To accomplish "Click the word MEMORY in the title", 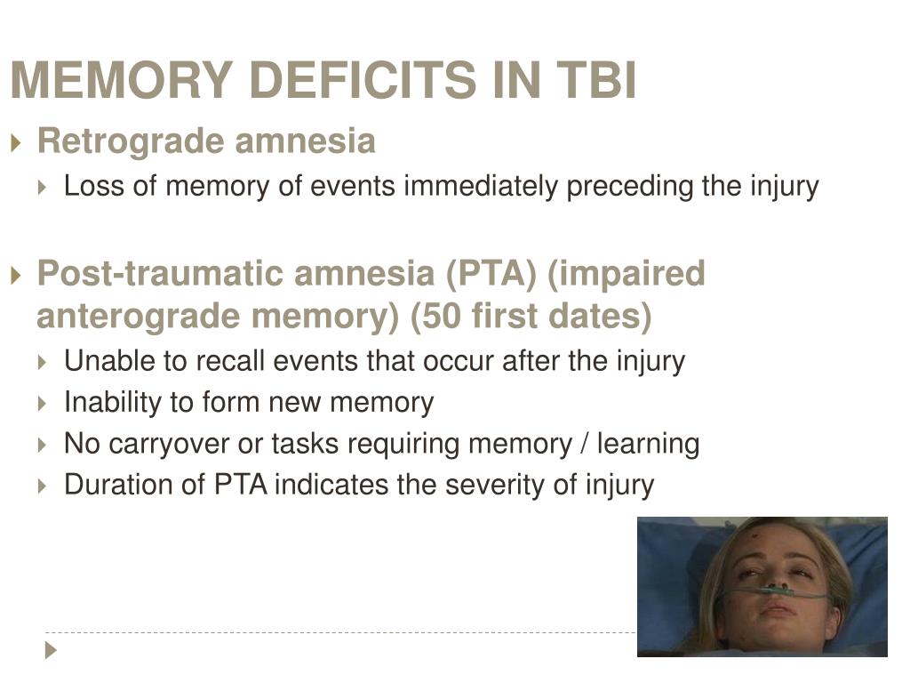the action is [122, 79].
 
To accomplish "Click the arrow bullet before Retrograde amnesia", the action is [16, 142].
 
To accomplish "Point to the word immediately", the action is [481, 186].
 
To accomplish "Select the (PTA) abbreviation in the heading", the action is [491, 274].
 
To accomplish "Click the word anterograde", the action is [139, 317].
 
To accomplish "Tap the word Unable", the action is [109, 361].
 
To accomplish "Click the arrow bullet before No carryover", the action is [42, 446].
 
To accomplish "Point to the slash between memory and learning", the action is [585, 444].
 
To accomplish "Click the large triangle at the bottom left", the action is [51, 650].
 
